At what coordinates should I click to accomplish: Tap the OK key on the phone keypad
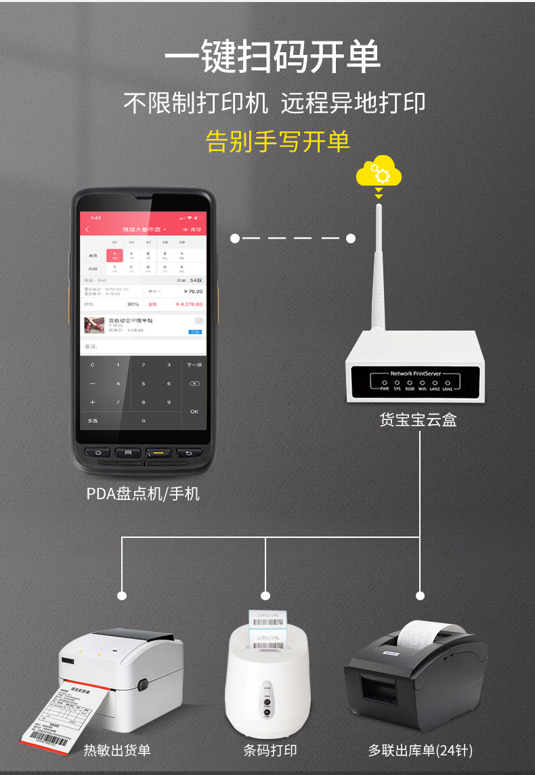click(x=194, y=411)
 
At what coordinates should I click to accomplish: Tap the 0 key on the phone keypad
click(x=143, y=421)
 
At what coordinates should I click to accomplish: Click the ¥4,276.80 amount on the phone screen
click(x=188, y=304)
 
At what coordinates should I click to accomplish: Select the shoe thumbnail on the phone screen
click(x=93, y=324)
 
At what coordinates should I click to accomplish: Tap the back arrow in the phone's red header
click(x=87, y=230)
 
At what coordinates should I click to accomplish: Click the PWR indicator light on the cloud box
click(x=384, y=383)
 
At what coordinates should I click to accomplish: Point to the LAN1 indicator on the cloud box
click(x=448, y=383)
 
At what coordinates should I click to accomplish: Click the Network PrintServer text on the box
click(x=415, y=373)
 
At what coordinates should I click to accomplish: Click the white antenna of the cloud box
click(x=379, y=271)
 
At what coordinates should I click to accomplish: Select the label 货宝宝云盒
click(x=418, y=420)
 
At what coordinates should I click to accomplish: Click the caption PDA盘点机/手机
click(x=143, y=493)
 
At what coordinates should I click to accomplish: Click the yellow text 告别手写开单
click(x=278, y=141)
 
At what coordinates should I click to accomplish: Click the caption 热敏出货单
click(x=117, y=750)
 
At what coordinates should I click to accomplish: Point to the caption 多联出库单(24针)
click(x=420, y=751)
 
